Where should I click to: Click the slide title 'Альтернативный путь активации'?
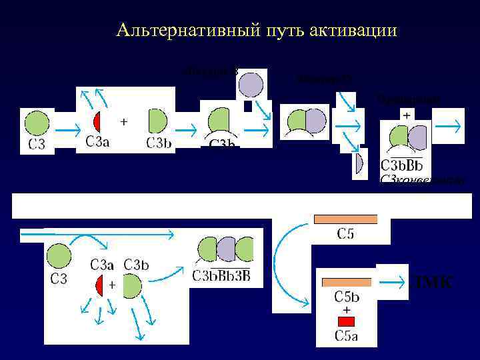(x=256, y=30)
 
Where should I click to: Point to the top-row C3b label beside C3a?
(x=159, y=142)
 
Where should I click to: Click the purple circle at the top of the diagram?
(x=251, y=85)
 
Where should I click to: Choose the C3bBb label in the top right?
(x=402, y=165)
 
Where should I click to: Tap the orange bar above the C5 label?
(x=345, y=219)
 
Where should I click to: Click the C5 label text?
(x=345, y=234)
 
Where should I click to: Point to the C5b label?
(x=347, y=297)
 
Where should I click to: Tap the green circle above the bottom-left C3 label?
(x=59, y=257)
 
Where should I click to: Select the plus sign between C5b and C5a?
(x=347, y=310)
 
